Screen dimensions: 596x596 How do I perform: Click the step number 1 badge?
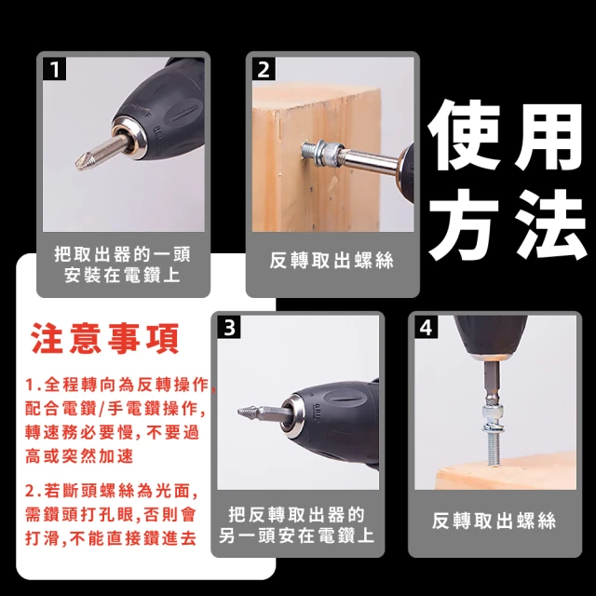click(x=54, y=69)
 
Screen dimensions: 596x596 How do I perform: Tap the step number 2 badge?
click(x=264, y=69)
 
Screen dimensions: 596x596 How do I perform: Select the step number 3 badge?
click(x=229, y=327)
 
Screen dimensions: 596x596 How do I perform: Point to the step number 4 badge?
click(x=426, y=327)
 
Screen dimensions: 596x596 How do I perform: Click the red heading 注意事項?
click(x=105, y=338)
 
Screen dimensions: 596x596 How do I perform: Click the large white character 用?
click(x=549, y=136)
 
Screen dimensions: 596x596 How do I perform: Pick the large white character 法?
click(x=550, y=224)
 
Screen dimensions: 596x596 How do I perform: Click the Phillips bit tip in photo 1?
click(x=81, y=162)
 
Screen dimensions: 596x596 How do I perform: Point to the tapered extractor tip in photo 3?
click(x=246, y=412)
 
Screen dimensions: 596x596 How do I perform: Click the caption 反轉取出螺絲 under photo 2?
click(x=332, y=261)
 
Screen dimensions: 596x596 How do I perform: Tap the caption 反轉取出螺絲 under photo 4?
click(x=494, y=521)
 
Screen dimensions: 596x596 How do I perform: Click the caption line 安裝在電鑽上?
click(x=122, y=275)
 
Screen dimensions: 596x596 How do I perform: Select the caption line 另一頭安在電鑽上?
click(x=297, y=535)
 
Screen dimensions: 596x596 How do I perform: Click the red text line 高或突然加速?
click(x=79, y=455)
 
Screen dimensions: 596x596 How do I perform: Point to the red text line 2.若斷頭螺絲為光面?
click(x=112, y=491)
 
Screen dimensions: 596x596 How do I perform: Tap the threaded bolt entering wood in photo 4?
click(x=493, y=450)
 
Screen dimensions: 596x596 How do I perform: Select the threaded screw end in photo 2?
click(x=310, y=151)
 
